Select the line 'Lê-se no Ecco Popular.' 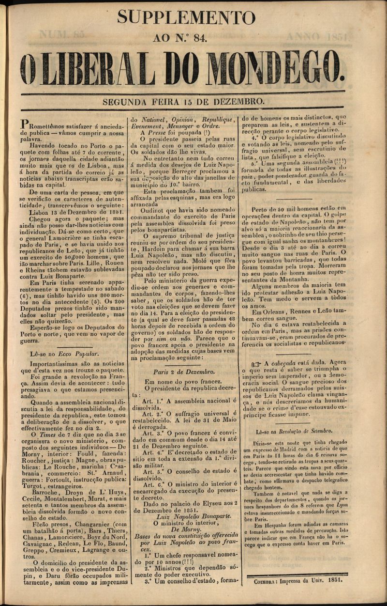64,354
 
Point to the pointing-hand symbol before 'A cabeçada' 256,362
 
